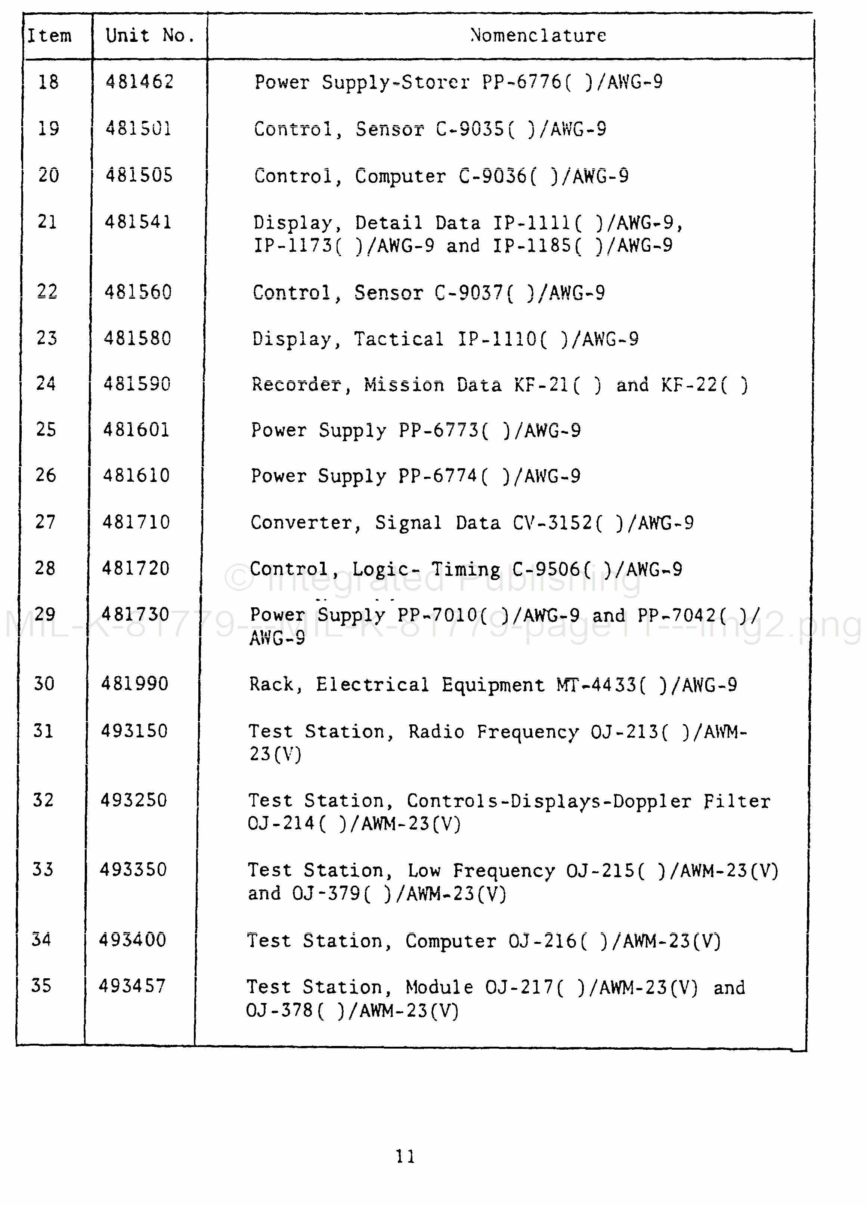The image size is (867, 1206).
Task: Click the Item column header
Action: point(49,36)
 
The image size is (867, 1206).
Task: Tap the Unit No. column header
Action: point(150,36)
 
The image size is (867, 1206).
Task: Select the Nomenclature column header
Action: point(538,36)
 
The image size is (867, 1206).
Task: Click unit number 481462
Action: point(140,82)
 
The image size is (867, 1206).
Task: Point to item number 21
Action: point(47,221)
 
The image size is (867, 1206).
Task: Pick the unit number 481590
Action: point(137,383)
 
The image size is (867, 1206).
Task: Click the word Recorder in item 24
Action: point(296,384)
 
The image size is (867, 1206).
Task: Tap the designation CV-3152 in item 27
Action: point(552,523)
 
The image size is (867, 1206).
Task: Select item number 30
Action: point(44,683)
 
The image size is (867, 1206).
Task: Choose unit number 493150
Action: point(134,731)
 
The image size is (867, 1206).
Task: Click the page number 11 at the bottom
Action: point(405,1156)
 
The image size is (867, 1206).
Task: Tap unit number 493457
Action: point(132,986)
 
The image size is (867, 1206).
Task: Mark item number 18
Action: point(48,82)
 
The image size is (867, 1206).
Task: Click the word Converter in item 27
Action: point(301,523)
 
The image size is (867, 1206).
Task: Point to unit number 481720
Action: point(136,568)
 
